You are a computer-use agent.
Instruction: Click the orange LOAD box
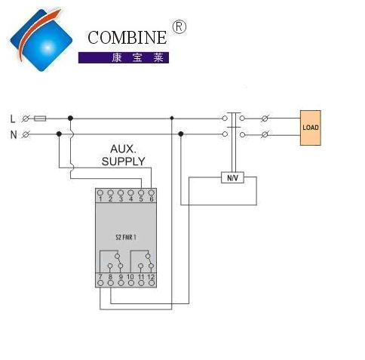click(x=311, y=128)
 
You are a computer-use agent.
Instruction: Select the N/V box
click(x=232, y=177)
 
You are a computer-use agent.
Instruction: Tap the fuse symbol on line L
click(x=40, y=118)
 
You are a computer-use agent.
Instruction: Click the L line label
click(x=13, y=118)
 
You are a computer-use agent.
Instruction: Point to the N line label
click(x=14, y=135)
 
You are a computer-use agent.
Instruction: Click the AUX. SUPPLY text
click(x=124, y=155)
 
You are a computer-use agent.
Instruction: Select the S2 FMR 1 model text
click(x=126, y=237)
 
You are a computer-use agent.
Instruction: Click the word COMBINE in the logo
click(x=127, y=38)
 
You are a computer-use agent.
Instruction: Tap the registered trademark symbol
click(x=179, y=27)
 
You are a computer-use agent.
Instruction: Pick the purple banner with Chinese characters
click(x=124, y=57)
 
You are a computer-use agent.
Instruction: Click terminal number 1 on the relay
click(x=100, y=199)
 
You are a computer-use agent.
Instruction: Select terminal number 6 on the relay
click(x=152, y=199)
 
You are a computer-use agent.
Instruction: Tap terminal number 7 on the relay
click(x=100, y=277)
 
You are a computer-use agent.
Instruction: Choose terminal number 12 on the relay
click(x=151, y=277)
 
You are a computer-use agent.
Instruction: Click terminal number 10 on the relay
click(x=130, y=277)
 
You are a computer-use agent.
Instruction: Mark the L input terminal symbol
click(x=26, y=118)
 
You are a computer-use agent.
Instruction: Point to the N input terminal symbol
click(x=26, y=134)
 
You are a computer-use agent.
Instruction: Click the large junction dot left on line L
click(x=70, y=118)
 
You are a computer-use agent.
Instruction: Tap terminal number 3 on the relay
click(x=121, y=199)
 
